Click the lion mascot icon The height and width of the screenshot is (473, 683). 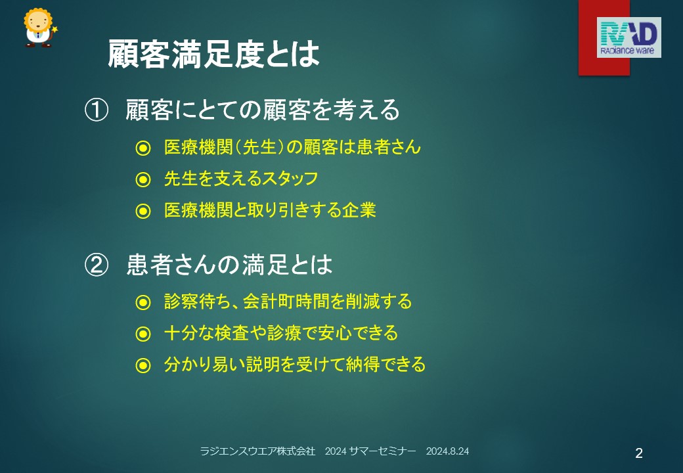tap(39, 28)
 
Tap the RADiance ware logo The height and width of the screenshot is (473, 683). tap(628, 37)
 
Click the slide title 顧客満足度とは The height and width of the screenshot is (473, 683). tap(213, 54)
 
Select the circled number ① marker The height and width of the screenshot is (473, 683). tap(97, 110)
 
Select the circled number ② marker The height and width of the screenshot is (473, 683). tap(97, 265)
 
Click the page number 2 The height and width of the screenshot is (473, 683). tap(639, 453)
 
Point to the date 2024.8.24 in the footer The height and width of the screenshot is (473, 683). tap(447, 451)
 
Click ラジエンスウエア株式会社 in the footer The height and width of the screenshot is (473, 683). tap(257, 451)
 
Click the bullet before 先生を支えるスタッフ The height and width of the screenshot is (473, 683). tap(143, 179)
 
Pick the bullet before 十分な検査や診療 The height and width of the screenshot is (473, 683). tap(143, 334)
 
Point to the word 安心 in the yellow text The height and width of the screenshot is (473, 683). tap(334, 333)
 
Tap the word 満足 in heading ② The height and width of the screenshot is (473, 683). tap(265, 265)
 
